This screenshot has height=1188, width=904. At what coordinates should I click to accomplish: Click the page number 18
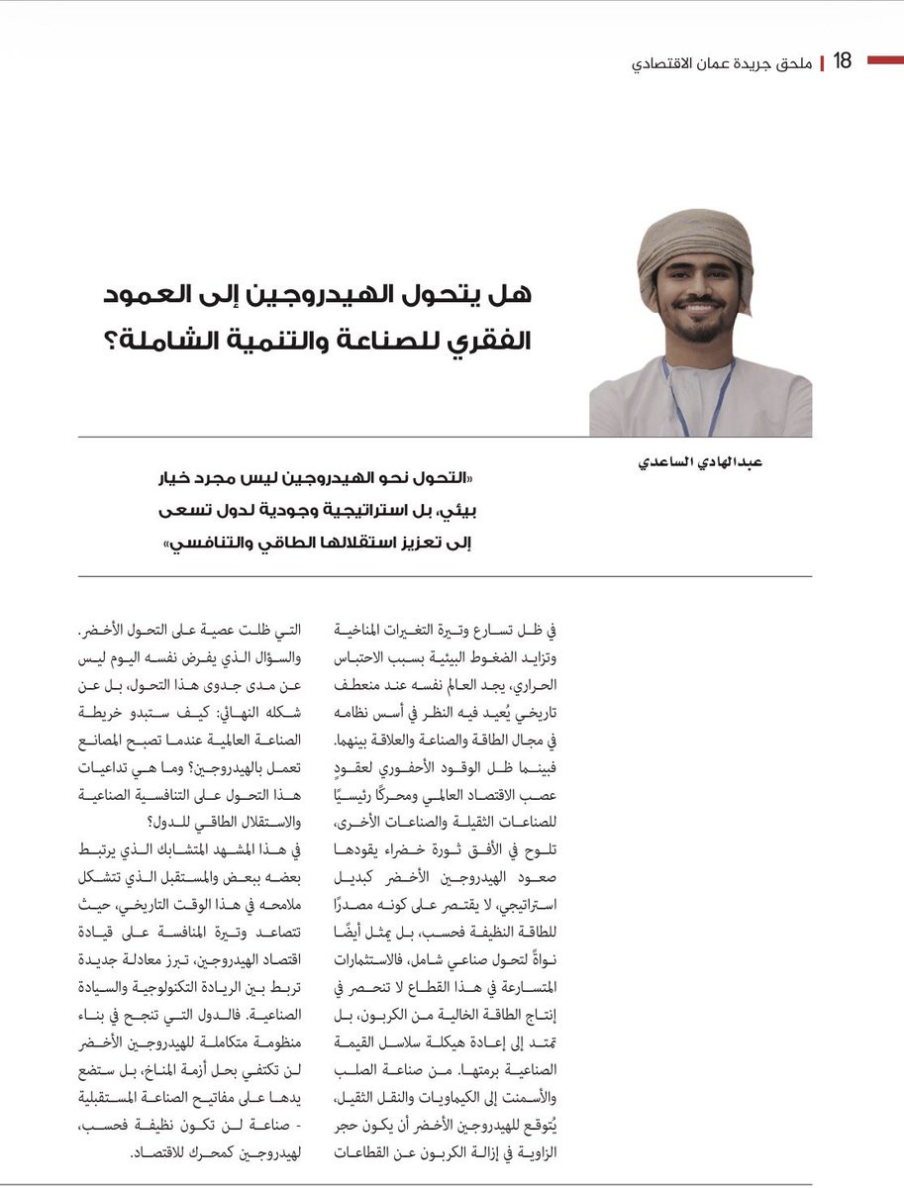coord(842,61)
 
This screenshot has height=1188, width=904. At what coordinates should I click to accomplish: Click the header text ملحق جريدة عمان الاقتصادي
coord(722,62)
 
